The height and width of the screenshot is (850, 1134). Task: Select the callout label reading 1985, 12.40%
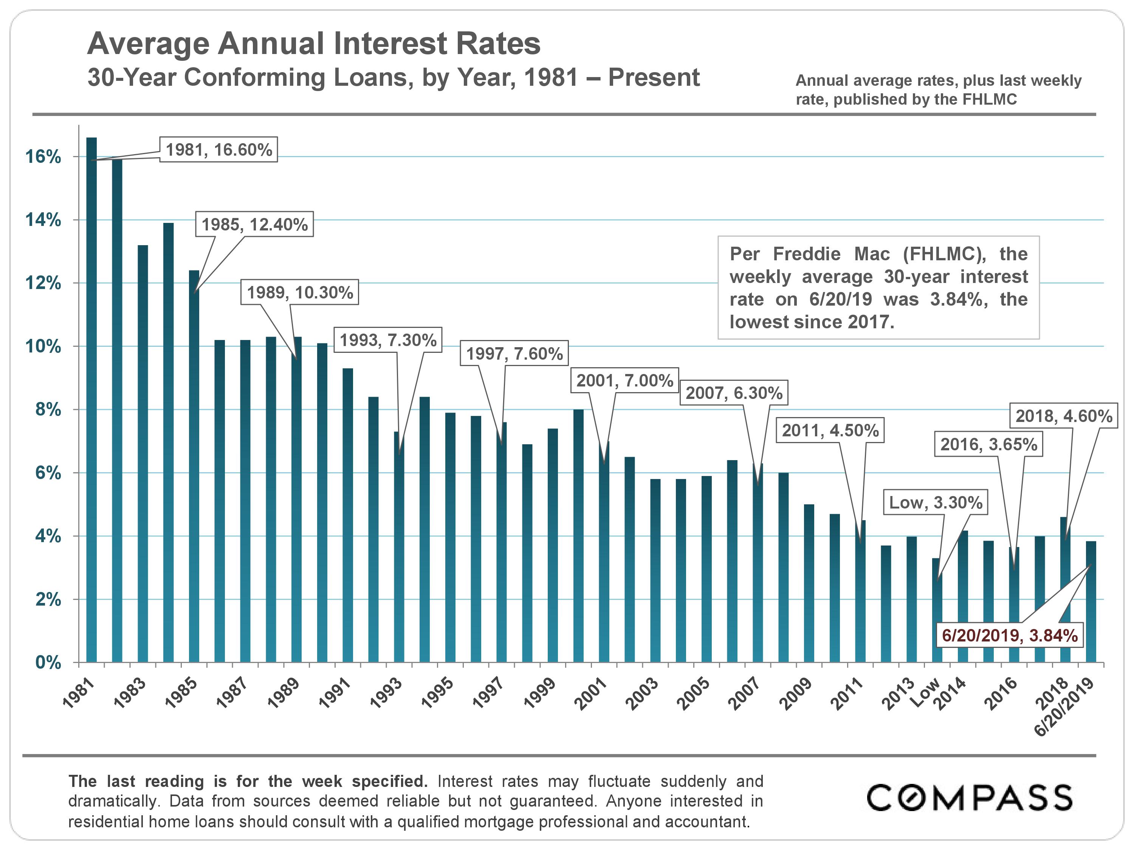pos(254,224)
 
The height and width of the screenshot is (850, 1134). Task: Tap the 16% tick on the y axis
pos(43,157)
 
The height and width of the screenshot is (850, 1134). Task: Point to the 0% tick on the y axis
pos(48,663)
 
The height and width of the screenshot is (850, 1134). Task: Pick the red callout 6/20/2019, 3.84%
pos(1009,635)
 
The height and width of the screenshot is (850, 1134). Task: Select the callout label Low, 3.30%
pos(936,502)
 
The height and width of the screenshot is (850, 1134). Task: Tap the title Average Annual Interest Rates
pos(314,43)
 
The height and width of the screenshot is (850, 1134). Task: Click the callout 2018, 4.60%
pos(1064,416)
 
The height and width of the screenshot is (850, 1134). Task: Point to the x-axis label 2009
pos(796,693)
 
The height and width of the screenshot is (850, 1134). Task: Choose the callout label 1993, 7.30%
pos(388,340)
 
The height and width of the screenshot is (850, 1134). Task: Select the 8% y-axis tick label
pos(48,410)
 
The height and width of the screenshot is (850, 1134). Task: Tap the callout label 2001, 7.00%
pos(624,380)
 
